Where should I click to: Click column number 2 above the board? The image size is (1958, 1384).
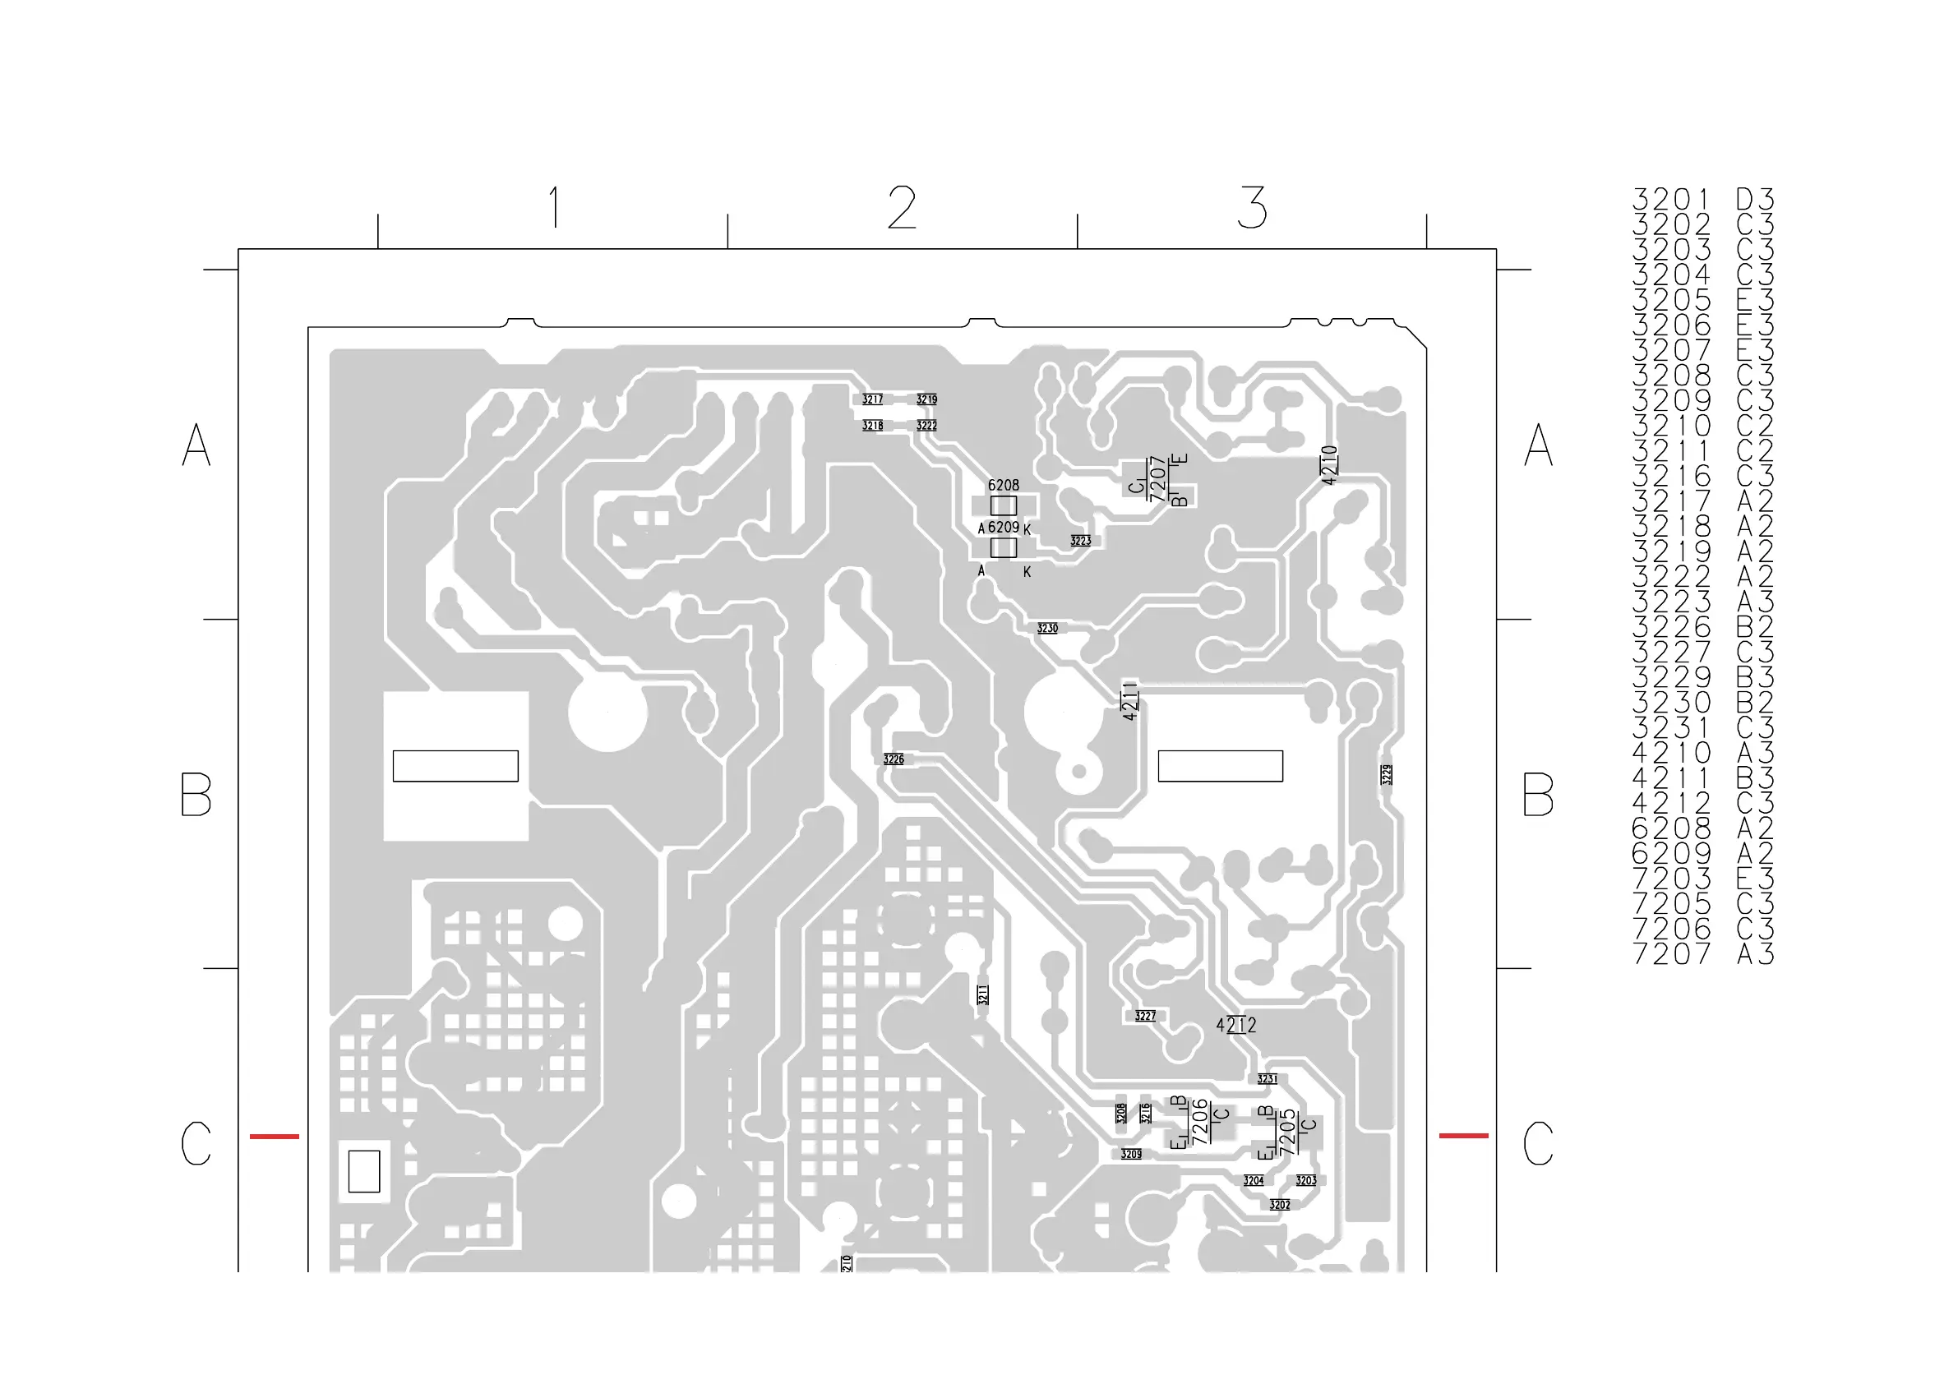coord(902,207)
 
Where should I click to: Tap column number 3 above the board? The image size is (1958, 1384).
coord(1252,207)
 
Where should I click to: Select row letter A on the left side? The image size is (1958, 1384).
coord(196,445)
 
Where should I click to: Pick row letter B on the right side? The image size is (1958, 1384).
coord(1538,794)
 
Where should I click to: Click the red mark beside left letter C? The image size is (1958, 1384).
coord(274,1136)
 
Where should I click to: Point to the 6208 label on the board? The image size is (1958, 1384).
coord(1003,485)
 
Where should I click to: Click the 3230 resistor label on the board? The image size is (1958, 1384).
coord(1047,629)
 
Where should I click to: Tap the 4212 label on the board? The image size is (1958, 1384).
coord(1235,1025)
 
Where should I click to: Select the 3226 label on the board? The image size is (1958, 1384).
coord(893,759)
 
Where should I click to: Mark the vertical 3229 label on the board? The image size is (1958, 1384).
coord(1387,774)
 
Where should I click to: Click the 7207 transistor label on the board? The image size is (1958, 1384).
coord(1157,479)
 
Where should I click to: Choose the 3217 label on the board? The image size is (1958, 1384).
coord(871,399)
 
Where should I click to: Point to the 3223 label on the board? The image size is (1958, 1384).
coord(1079,541)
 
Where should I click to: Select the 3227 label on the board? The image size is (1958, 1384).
coord(1144,1016)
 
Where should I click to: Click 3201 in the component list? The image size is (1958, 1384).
coord(1670,200)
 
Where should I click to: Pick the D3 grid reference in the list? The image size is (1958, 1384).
coord(1755,200)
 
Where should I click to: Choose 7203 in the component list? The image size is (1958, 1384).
coord(1670,879)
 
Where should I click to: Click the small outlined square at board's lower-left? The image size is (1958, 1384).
coord(364,1171)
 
